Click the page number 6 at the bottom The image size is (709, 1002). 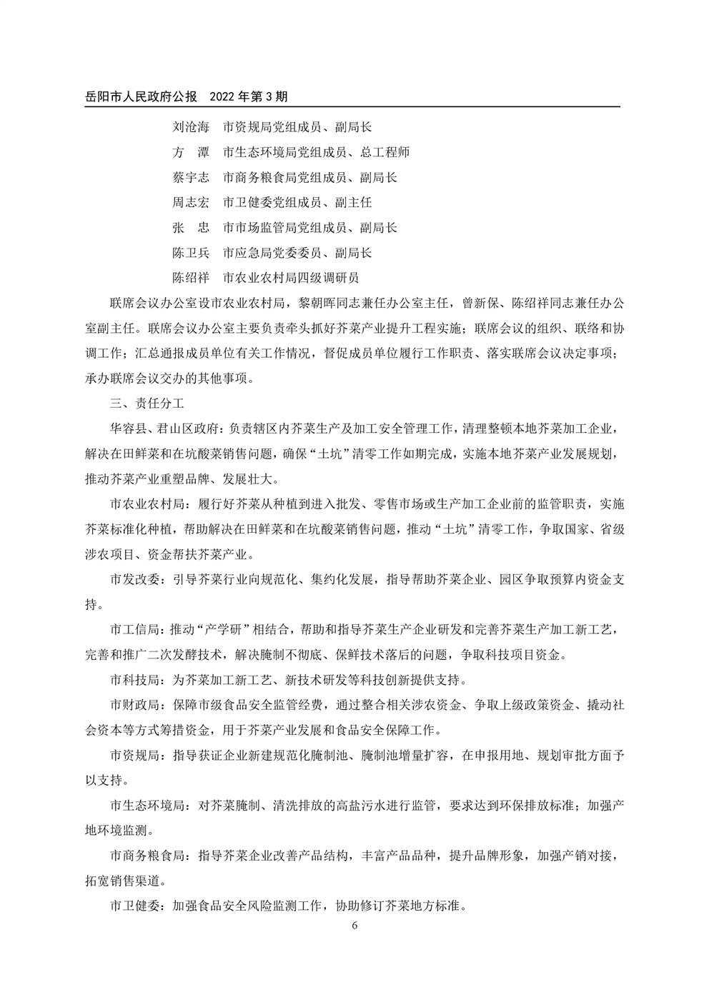(354, 926)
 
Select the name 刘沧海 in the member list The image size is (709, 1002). (191, 128)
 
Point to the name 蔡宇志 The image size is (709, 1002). (191, 178)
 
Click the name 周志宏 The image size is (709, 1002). (191, 203)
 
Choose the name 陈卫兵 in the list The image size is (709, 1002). (191, 253)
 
